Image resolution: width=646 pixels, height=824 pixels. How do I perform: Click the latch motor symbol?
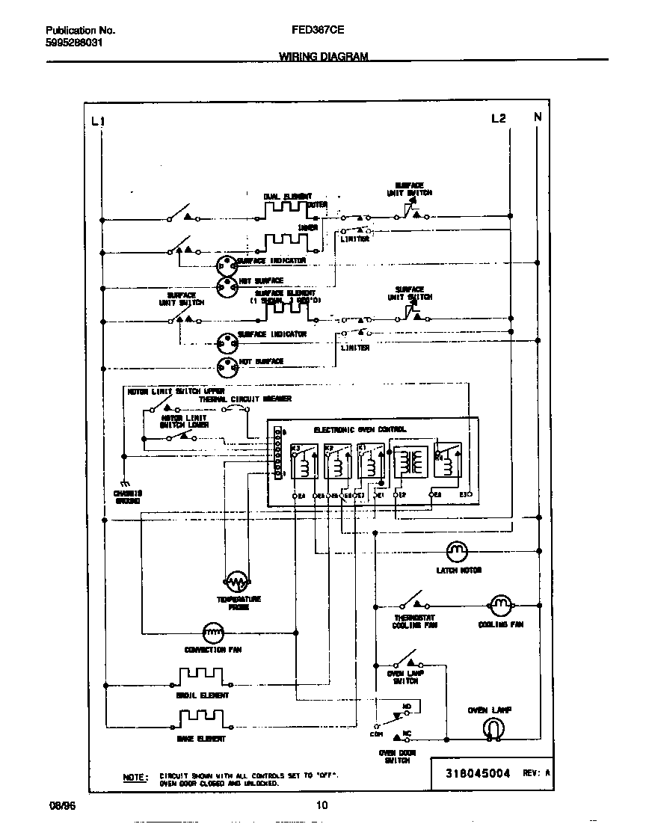point(456,552)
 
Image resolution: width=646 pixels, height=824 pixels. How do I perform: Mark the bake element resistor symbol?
point(202,719)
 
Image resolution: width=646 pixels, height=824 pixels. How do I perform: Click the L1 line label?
point(97,121)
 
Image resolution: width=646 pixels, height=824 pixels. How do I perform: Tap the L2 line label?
point(499,118)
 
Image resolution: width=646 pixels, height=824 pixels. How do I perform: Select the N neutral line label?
point(537,117)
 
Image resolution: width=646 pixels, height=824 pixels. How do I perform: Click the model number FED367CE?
point(312,31)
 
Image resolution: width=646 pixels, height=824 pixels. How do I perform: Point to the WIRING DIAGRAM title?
point(324,56)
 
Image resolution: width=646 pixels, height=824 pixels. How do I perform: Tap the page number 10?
point(322,805)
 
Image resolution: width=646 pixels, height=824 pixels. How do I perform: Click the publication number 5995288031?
point(74,43)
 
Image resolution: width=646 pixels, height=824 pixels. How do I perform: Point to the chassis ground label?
point(127,497)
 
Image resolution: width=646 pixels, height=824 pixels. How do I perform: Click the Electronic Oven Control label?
point(360,430)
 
